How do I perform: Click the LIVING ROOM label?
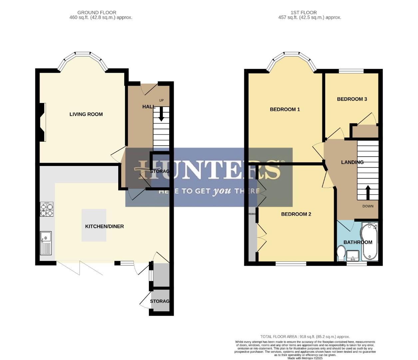[86, 114]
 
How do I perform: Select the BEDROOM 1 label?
[285, 109]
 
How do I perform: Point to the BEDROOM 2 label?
[296, 214]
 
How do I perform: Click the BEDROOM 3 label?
[352, 99]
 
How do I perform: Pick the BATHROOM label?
[358, 242]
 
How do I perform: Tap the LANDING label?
[352, 162]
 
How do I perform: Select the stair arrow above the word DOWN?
[368, 192]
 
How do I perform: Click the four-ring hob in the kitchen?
[47, 209]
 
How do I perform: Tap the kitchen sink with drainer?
[46, 243]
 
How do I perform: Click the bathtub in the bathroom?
[369, 242]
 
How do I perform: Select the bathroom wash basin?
[352, 256]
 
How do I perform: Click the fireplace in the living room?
[42, 122]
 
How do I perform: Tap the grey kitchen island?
[94, 225]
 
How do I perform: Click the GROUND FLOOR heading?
[97, 13]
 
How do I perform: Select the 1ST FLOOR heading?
[303, 13]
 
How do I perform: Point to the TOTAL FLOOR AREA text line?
[305, 337]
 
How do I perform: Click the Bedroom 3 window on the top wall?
[351, 71]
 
